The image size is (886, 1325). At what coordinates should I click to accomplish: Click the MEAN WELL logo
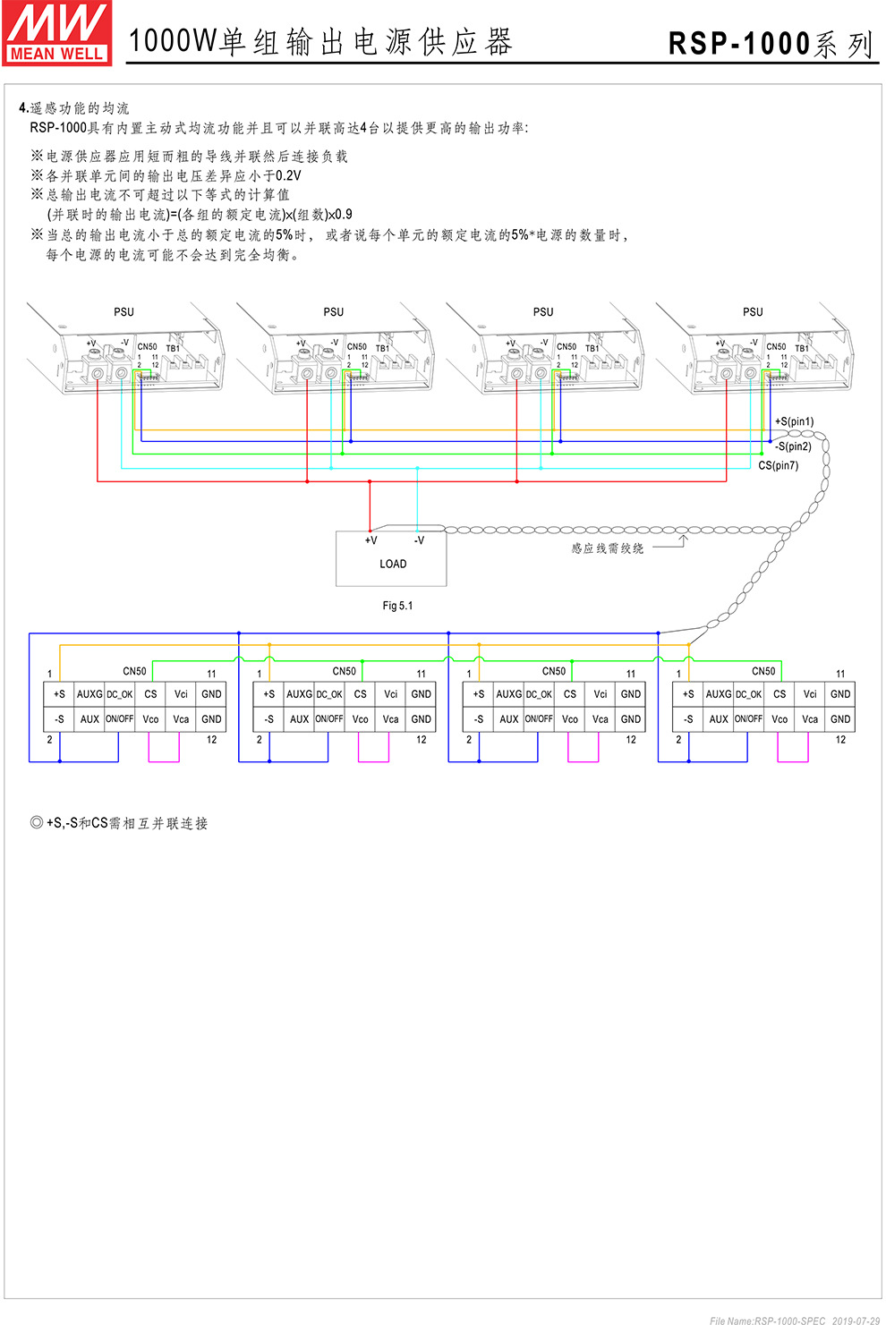[x=57, y=33]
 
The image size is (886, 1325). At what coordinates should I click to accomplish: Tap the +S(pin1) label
[x=794, y=421]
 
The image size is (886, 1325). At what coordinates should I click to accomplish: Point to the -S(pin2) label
[x=793, y=446]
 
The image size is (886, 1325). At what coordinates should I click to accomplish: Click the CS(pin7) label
[x=778, y=465]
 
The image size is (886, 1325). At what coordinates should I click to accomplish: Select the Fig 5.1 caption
[x=397, y=606]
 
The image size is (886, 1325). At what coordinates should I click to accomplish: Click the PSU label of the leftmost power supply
[x=124, y=312]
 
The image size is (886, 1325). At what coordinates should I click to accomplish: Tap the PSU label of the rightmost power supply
[x=753, y=312]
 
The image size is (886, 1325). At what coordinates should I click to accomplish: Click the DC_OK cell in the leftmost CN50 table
[x=120, y=694]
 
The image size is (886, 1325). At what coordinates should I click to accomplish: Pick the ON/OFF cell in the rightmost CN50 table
[x=748, y=719]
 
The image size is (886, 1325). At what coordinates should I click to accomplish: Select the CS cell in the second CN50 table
[x=360, y=694]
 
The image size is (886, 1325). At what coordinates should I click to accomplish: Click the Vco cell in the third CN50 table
[x=570, y=719]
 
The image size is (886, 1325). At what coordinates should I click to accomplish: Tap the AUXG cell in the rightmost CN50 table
[x=719, y=694]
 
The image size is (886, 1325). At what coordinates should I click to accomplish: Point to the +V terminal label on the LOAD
[x=371, y=540]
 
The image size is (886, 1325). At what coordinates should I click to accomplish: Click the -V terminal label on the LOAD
[x=419, y=540]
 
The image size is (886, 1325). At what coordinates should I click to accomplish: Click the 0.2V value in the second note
[x=288, y=175]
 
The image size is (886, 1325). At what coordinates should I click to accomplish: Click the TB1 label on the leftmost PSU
[x=173, y=348]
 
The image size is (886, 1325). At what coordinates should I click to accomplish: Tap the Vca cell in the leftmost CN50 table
[x=181, y=719]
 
